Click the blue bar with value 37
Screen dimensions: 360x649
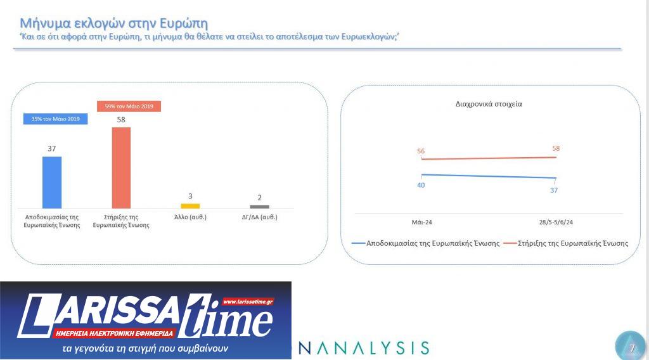click(x=52, y=182)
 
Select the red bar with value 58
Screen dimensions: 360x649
click(x=121, y=167)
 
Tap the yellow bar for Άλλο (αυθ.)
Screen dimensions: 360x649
click(x=190, y=205)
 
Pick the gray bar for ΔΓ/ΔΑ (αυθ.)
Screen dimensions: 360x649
click(x=259, y=207)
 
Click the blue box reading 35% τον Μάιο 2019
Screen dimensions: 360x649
click(x=55, y=119)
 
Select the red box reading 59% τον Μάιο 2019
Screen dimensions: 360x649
click(x=129, y=106)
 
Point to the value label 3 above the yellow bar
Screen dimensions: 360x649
click(x=190, y=196)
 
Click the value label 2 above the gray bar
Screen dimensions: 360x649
click(x=259, y=197)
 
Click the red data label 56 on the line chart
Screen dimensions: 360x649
click(x=421, y=151)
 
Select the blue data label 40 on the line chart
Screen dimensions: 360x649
click(x=421, y=185)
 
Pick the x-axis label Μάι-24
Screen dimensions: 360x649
click(x=421, y=222)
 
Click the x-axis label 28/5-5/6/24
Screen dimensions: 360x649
click(x=555, y=222)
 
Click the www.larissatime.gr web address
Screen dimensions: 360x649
click(x=248, y=302)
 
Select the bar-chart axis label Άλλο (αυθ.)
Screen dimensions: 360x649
click(x=190, y=217)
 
